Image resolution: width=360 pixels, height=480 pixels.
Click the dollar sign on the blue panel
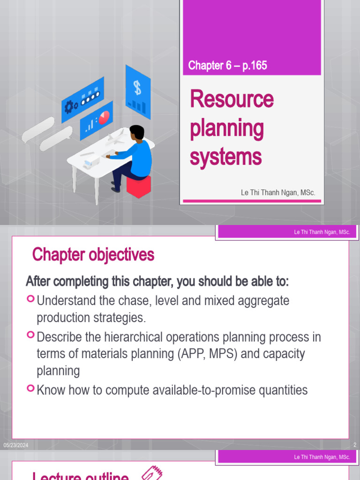coord(137,87)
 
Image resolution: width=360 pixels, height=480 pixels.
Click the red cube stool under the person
coord(139,186)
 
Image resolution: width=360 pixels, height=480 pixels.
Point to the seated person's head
coord(136,133)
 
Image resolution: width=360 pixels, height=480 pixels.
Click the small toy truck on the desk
coord(90,163)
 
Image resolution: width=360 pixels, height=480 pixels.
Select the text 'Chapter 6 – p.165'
coord(227,66)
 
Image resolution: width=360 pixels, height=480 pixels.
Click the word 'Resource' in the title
coord(232,99)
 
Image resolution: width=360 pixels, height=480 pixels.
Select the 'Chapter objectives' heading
coord(93,255)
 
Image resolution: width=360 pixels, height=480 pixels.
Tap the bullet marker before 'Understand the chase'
coord(30,298)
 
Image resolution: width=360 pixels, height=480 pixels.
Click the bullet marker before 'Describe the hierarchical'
coord(30,335)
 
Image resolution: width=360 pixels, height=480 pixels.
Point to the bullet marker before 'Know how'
coord(30,388)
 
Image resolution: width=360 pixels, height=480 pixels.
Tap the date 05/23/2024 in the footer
coord(16,445)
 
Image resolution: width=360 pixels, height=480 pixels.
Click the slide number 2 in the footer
coord(355,445)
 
